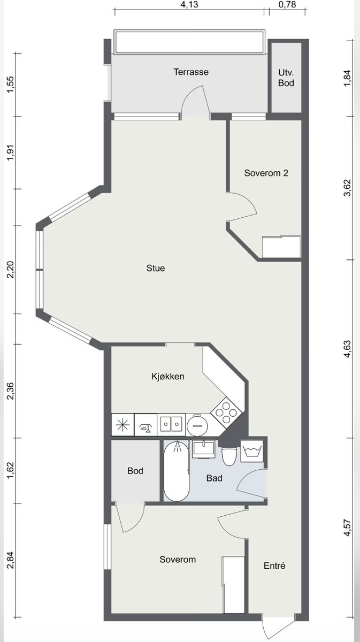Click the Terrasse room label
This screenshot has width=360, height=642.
(x=191, y=72)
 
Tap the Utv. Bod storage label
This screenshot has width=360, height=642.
(x=286, y=78)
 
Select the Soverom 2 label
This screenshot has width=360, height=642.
(x=266, y=173)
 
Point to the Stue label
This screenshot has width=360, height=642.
(x=156, y=268)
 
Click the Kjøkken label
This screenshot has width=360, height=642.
(x=167, y=376)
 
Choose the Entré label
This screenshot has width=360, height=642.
(x=274, y=565)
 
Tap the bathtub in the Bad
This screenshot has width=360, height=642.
(x=176, y=471)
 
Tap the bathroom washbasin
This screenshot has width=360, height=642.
(x=203, y=449)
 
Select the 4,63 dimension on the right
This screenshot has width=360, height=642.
(x=348, y=348)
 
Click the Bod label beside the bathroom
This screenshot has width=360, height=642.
(x=135, y=471)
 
